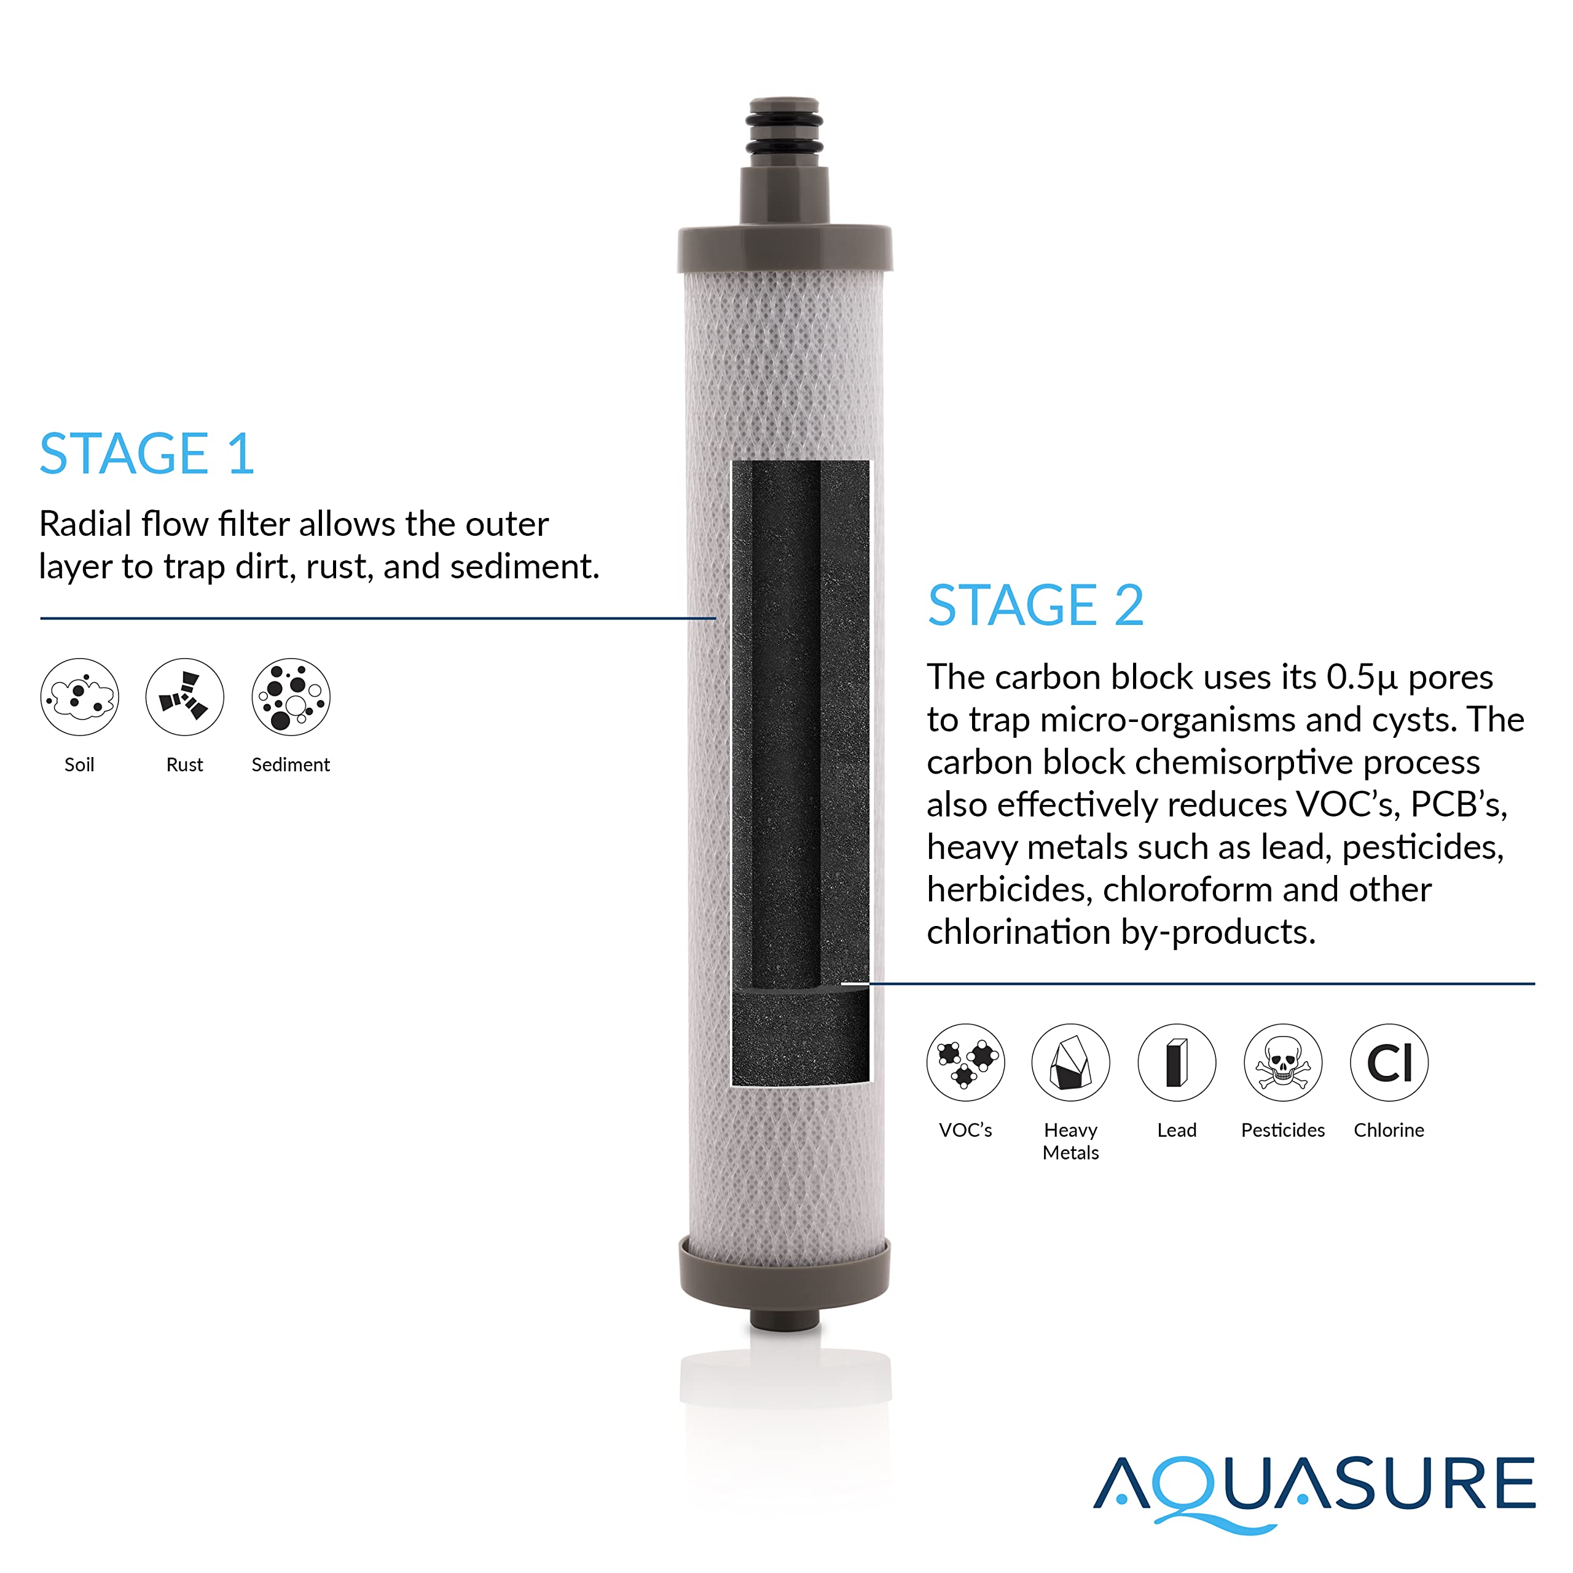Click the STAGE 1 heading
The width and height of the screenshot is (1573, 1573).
pyautogui.click(x=147, y=453)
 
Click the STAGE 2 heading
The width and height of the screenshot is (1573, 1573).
pyautogui.click(x=1035, y=606)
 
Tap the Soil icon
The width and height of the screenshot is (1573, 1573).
pyautogui.click(x=80, y=697)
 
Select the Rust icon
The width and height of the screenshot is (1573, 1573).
pyautogui.click(x=185, y=697)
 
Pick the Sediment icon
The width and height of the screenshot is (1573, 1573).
pyautogui.click(x=291, y=697)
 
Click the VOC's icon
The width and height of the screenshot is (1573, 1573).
pyautogui.click(x=966, y=1062)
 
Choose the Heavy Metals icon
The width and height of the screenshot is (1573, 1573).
pyautogui.click(x=1070, y=1062)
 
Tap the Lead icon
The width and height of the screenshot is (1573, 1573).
pyautogui.click(x=1177, y=1062)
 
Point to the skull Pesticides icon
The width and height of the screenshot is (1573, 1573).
pyautogui.click(x=1282, y=1062)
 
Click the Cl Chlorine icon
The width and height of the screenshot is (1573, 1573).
pyautogui.click(x=1389, y=1062)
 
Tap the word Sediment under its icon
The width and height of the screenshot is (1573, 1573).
pyautogui.click(x=291, y=764)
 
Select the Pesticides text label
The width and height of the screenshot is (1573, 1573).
pyautogui.click(x=1282, y=1130)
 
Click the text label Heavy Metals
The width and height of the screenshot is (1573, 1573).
pyautogui.click(x=1070, y=1140)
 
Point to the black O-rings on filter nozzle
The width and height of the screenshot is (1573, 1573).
pyautogui.click(x=784, y=135)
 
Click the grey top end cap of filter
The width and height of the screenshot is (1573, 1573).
pyautogui.click(x=785, y=248)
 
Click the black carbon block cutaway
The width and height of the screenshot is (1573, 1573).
pyautogui.click(x=801, y=774)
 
